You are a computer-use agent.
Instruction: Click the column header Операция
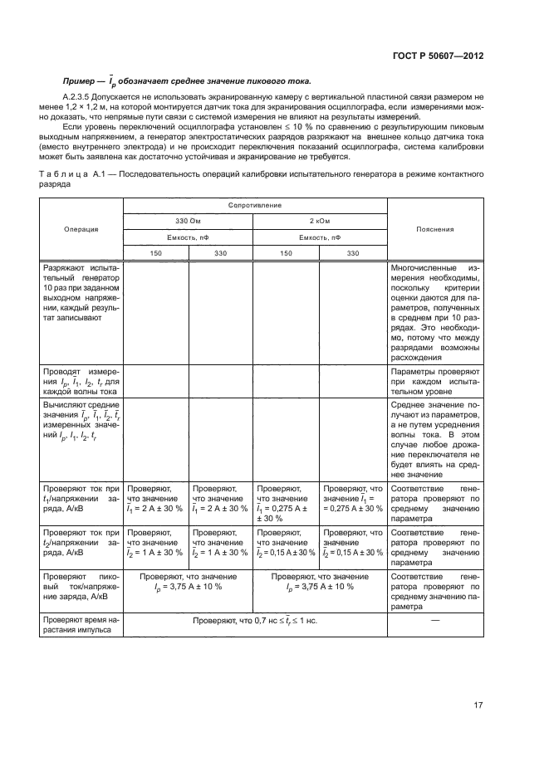81,228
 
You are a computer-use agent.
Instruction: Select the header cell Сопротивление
255,204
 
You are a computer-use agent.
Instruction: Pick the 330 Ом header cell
188,221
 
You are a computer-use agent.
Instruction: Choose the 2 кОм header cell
320,221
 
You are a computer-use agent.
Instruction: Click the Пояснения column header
434,228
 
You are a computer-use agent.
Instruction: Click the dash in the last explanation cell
434,619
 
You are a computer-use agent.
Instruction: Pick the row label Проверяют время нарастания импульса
81,625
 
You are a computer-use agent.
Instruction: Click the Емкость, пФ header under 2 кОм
320,237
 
